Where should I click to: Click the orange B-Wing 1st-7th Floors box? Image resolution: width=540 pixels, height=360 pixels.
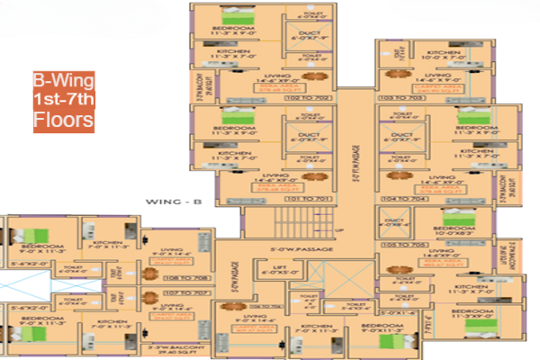tap(63, 103)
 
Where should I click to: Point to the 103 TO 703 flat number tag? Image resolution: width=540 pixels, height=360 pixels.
tap(402, 97)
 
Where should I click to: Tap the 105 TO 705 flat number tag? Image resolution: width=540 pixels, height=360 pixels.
tap(402, 243)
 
